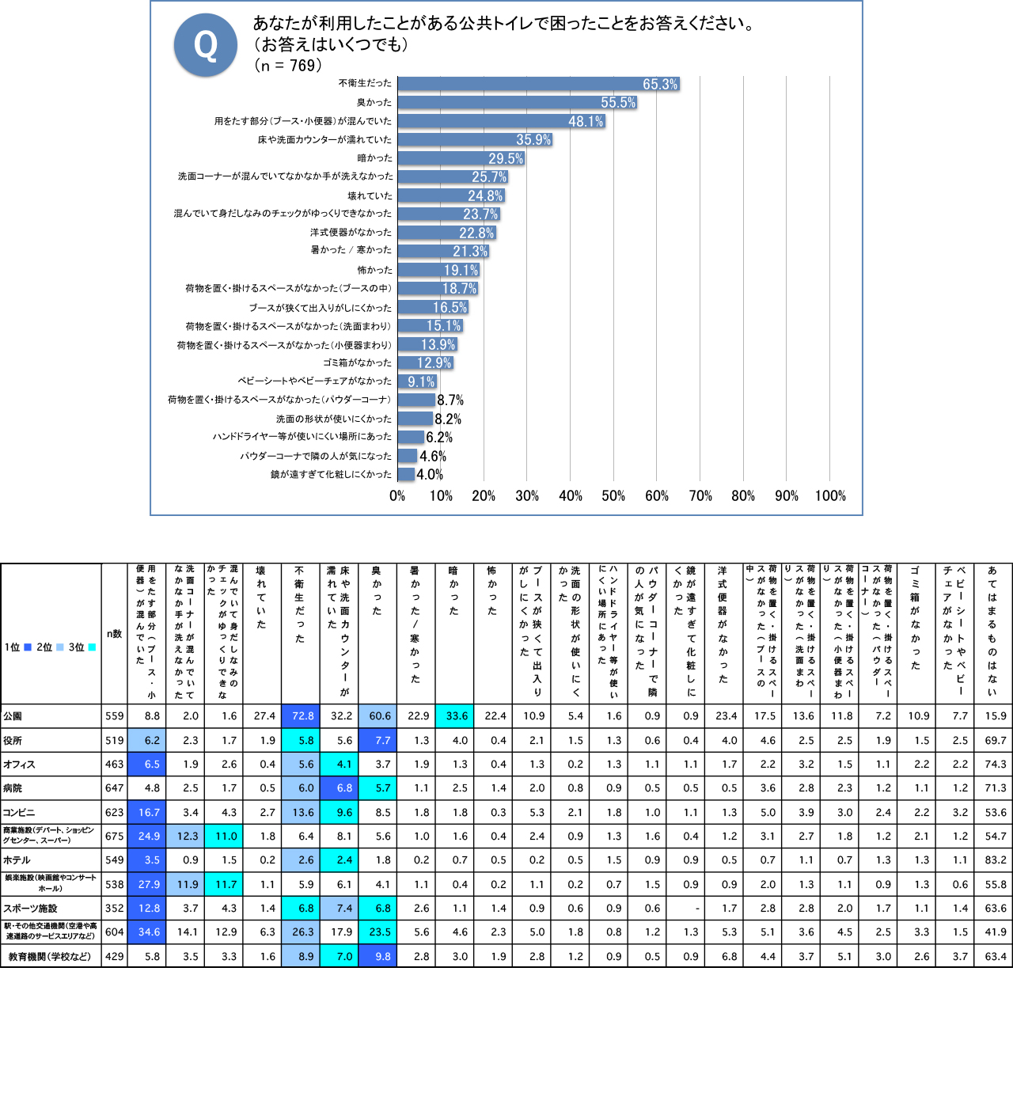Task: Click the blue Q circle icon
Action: (x=206, y=45)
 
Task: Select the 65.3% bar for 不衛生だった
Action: (x=538, y=84)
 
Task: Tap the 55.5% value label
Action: (x=618, y=103)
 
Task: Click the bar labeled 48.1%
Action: (x=501, y=121)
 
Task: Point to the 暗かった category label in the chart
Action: (x=374, y=158)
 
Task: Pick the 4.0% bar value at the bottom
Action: (x=430, y=475)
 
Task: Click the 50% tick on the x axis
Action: (x=613, y=496)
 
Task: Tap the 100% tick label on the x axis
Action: (x=830, y=496)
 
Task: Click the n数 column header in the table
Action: (x=114, y=634)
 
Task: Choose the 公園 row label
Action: (x=13, y=716)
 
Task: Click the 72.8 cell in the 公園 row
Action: (x=303, y=716)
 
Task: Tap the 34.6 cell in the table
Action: (x=149, y=932)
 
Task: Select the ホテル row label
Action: (x=17, y=860)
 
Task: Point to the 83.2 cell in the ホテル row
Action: (x=996, y=860)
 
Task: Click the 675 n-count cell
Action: (x=115, y=837)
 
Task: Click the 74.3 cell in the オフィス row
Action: (x=996, y=765)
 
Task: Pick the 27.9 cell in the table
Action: (x=149, y=885)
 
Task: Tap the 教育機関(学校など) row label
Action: (x=50, y=957)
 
